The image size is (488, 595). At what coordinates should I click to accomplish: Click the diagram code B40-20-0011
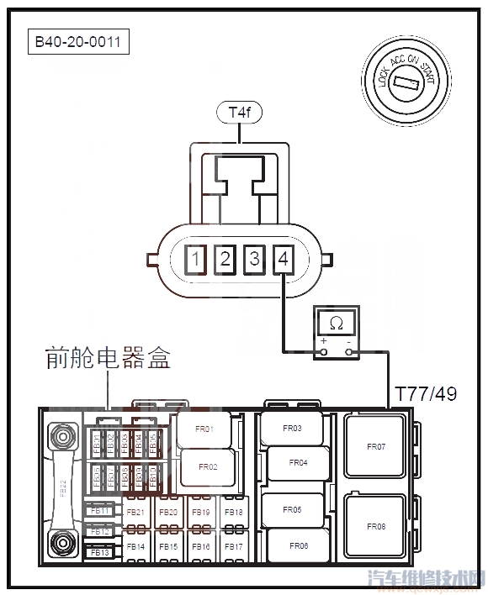[80, 42]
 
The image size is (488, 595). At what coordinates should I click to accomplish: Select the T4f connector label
[240, 111]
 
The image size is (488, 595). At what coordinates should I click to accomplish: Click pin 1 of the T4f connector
[195, 259]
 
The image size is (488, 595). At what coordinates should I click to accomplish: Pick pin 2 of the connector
[225, 259]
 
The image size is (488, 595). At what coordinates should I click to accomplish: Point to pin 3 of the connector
[254, 259]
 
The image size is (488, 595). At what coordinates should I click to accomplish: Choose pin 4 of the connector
[283, 259]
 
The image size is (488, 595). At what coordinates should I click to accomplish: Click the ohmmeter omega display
[335, 323]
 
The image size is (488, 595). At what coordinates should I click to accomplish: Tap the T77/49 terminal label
[426, 393]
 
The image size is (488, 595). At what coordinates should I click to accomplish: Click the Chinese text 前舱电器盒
[108, 360]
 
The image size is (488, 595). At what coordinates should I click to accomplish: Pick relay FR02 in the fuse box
[207, 466]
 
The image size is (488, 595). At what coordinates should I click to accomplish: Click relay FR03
[291, 429]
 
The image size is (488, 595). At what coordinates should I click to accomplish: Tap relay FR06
[297, 546]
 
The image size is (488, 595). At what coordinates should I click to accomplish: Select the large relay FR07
[375, 446]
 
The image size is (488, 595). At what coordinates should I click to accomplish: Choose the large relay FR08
[375, 527]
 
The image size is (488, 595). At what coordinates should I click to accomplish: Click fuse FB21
[135, 513]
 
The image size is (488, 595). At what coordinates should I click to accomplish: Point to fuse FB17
[233, 547]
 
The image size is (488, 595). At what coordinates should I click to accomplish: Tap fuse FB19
[200, 513]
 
